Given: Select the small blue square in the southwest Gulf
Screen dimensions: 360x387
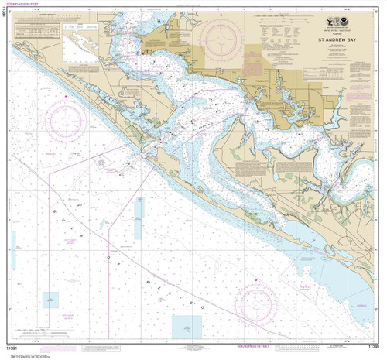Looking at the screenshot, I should (50, 298).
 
